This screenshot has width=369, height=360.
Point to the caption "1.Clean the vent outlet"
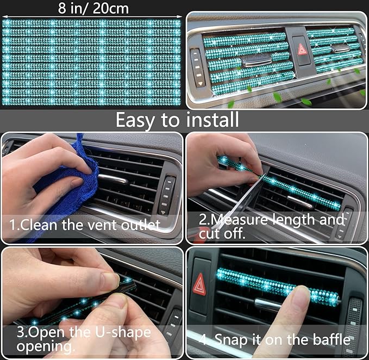pos(84,224)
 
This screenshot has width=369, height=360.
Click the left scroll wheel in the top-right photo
pos(196,67)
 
